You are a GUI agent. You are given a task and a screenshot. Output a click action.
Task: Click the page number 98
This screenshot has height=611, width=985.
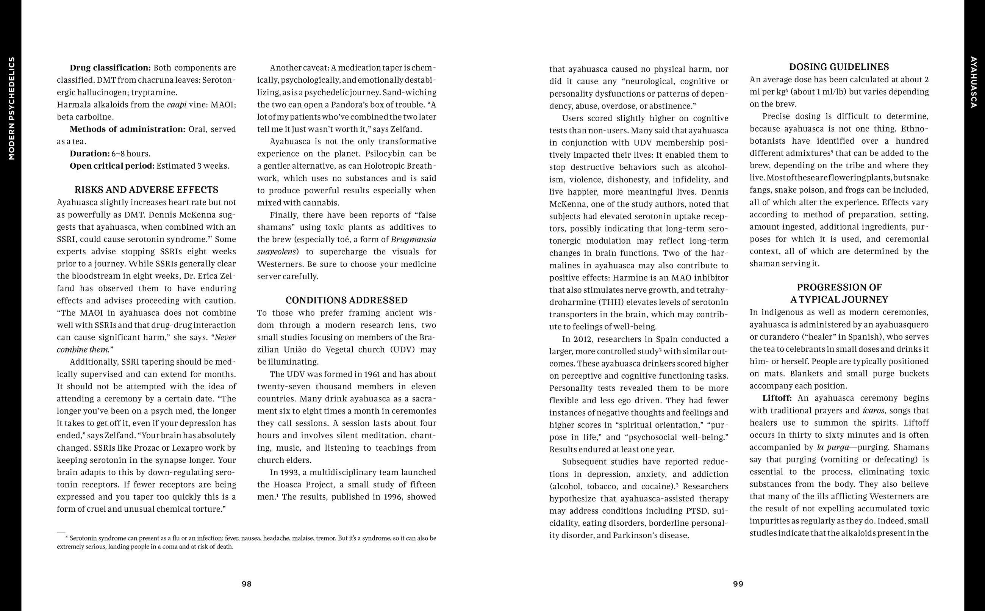point(246,584)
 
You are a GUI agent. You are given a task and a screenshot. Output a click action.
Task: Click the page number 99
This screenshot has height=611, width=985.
point(738,584)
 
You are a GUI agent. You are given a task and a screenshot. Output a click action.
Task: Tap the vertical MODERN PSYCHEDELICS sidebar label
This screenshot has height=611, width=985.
point(11,108)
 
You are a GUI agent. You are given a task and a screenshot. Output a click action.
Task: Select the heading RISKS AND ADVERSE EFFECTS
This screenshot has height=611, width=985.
point(146,190)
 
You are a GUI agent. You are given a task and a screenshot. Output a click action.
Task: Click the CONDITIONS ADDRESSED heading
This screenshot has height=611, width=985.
point(347,300)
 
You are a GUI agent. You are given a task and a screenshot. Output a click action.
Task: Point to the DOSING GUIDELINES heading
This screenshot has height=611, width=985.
point(839,67)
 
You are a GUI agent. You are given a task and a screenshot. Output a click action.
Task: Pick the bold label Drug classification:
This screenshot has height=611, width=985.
point(110,67)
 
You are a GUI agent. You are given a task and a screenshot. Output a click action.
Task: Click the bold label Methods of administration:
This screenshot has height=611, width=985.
point(128,129)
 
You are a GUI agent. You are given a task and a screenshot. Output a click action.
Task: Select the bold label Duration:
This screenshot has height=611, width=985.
point(89,154)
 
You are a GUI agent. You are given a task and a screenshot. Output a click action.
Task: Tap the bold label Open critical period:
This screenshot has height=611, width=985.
point(112,166)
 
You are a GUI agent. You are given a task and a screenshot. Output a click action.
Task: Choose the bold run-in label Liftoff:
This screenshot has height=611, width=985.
point(777,398)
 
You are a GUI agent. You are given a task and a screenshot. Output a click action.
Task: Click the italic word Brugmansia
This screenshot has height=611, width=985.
point(414,239)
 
